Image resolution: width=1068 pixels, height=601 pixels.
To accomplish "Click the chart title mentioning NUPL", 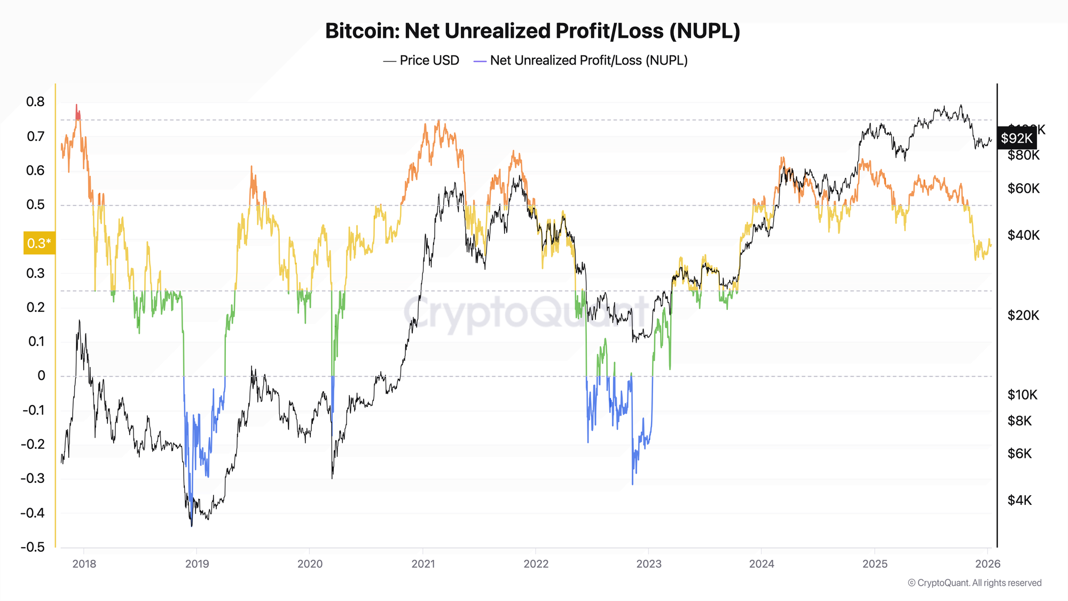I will [532, 31].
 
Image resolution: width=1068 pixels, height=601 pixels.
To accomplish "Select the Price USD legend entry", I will [421, 60].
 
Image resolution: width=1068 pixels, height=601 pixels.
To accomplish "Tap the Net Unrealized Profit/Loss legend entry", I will [580, 60].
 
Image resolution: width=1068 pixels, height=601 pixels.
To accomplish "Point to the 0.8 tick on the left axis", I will [35, 102].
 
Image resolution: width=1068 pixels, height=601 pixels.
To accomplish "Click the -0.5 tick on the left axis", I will [33, 547].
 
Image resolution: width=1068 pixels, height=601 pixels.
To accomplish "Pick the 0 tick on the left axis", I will [41, 376].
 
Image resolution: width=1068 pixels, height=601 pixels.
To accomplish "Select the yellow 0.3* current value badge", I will [39, 243].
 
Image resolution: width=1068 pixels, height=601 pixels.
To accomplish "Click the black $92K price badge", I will [1016, 138].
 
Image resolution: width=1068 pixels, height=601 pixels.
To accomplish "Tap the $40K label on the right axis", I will [1023, 235].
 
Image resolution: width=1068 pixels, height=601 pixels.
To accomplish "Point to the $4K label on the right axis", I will [1019, 500].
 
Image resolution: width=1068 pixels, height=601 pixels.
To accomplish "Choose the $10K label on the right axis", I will [1022, 395].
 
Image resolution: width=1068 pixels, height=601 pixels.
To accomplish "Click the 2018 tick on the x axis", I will [84, 564].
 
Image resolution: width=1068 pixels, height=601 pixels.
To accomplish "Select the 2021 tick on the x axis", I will [423, 564].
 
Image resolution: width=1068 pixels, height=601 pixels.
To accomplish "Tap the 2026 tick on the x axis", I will [988, 564].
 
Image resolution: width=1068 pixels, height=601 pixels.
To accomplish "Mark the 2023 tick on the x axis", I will [649, 564].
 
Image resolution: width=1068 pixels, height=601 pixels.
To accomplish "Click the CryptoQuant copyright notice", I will [975, 583].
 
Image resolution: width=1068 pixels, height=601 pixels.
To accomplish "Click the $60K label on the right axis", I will [1023, 189].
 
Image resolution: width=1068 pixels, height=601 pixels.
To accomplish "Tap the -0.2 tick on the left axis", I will [33, 444].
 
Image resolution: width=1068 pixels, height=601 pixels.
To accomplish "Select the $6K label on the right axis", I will [1019, 454].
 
